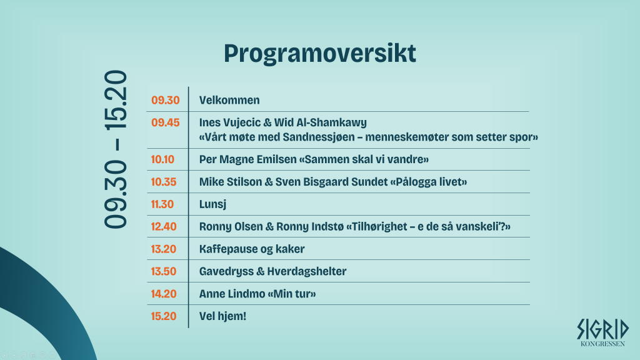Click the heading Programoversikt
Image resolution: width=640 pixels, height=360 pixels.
319,53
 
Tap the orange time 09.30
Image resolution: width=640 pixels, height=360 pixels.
165,101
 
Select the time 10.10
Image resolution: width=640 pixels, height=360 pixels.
162,159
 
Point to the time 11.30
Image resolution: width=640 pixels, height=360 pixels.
162,204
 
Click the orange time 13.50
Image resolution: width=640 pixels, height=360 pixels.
164,271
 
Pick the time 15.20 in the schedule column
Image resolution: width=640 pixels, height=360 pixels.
164,316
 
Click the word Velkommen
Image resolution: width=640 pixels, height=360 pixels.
229,101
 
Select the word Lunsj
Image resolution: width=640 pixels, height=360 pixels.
212,204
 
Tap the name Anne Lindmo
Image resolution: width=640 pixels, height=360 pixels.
232,294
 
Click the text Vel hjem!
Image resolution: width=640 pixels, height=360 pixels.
223,316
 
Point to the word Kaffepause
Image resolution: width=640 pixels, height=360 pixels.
229,249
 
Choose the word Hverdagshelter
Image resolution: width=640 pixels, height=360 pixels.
307,272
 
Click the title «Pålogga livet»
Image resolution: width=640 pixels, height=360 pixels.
429,182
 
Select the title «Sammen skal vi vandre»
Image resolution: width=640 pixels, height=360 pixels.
364,159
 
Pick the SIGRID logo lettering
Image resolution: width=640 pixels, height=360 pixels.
603,329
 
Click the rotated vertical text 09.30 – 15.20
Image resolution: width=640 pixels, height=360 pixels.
116,149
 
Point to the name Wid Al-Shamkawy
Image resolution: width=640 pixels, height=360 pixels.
321,123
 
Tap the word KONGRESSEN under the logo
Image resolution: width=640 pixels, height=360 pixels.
602,344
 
